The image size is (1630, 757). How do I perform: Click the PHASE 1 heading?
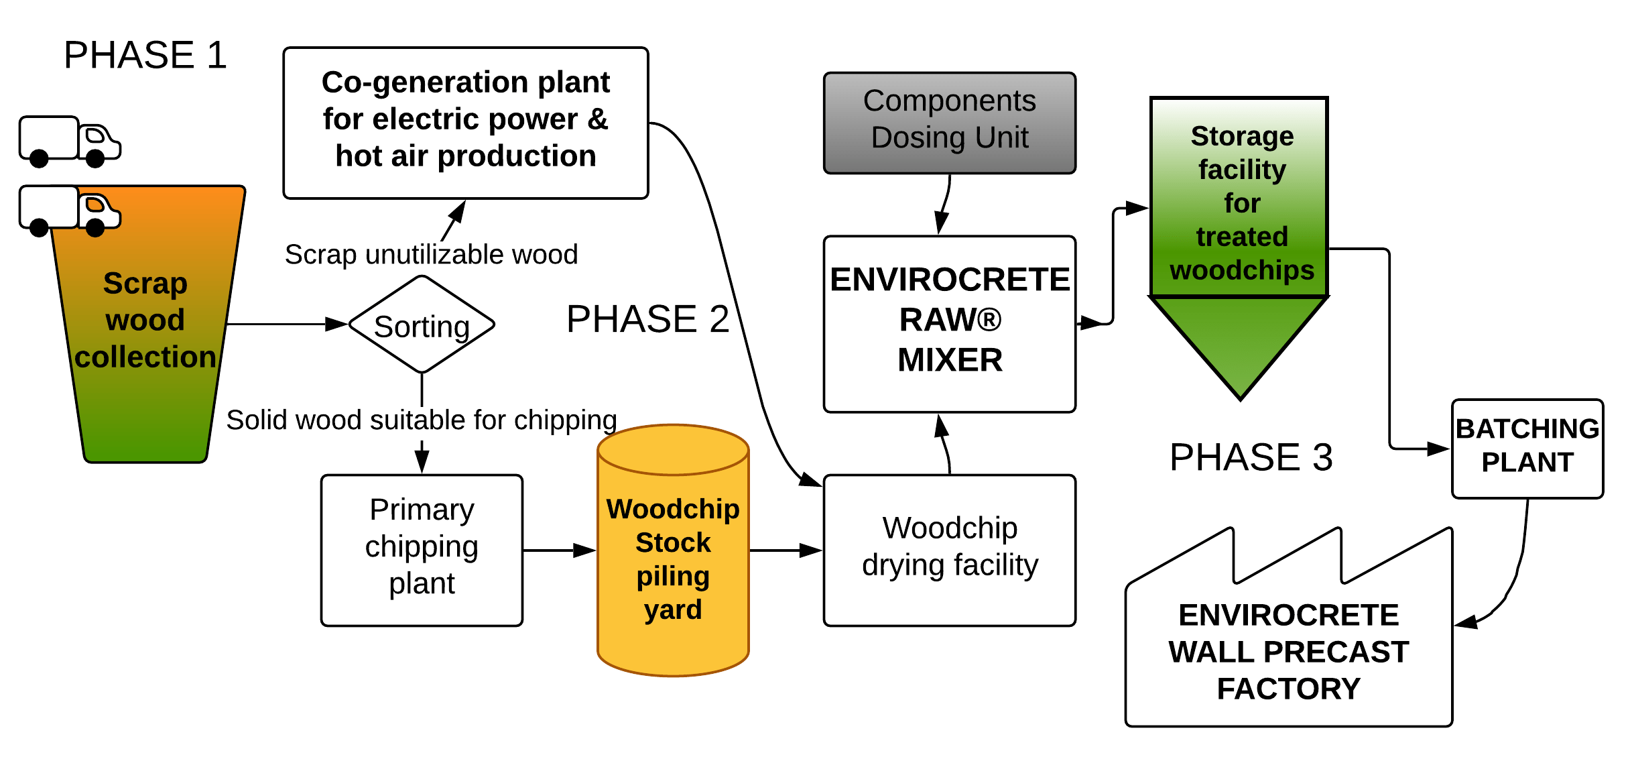[x=145, y=55]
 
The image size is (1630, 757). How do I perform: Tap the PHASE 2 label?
[x=647, y=319]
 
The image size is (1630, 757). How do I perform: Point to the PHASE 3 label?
[x=1251, y=458]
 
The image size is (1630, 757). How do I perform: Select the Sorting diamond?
[x=422, y=326]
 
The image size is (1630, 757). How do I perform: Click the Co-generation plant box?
[x=465, y=123]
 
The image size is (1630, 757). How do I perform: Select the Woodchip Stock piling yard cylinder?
[x=673, y=557]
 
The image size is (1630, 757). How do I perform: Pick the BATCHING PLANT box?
[x=1527, y=448]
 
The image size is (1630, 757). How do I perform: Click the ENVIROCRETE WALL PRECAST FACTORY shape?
[x=1288, y=650]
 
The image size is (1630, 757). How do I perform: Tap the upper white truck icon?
[x=69, y=141]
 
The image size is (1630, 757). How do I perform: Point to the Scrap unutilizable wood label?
[x=431, y=255]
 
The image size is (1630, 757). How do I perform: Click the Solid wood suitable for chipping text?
[x=421, y=420]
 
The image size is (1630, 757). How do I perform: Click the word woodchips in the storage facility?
[x=1241, y=271]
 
